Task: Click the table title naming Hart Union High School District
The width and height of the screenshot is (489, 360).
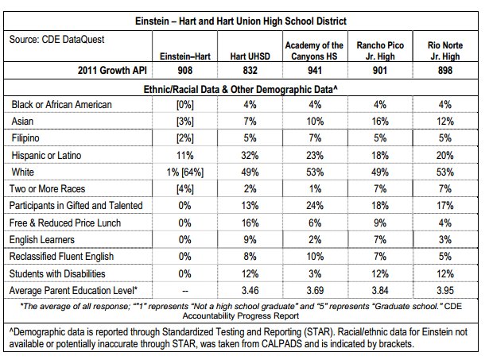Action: pos(241,21)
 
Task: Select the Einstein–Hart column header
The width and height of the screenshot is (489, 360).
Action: pos(185,56)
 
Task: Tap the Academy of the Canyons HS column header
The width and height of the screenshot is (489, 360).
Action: pos(314,51)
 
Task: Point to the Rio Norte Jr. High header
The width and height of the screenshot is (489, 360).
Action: pos(445,51)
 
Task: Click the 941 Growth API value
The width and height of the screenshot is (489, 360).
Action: pos(315,70)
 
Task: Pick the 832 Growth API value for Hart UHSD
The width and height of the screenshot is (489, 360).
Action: pos(250,70)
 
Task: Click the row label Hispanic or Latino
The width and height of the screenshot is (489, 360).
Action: pos(46,155)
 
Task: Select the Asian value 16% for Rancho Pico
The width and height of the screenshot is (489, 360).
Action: pos(380,122)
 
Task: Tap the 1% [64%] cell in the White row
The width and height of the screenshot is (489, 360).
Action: pos(185,172)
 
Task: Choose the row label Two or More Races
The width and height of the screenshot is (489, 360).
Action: pos(47,188)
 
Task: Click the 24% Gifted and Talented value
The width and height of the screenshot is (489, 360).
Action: pos(315,206)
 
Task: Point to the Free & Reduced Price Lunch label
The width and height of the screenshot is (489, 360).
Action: pos(65,223)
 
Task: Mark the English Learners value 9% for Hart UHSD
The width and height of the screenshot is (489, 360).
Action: pos(250,240)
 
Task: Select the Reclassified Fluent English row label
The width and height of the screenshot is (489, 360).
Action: pos(61,256)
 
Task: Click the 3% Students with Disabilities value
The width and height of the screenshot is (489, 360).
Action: pos(315,273)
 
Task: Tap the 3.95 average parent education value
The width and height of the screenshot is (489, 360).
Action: pos(445,291)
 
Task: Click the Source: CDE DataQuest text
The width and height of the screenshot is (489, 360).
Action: pos(56,40)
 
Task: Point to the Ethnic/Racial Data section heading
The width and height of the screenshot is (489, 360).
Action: pos(240,90)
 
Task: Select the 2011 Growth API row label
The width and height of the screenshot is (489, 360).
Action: pos(112,70)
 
